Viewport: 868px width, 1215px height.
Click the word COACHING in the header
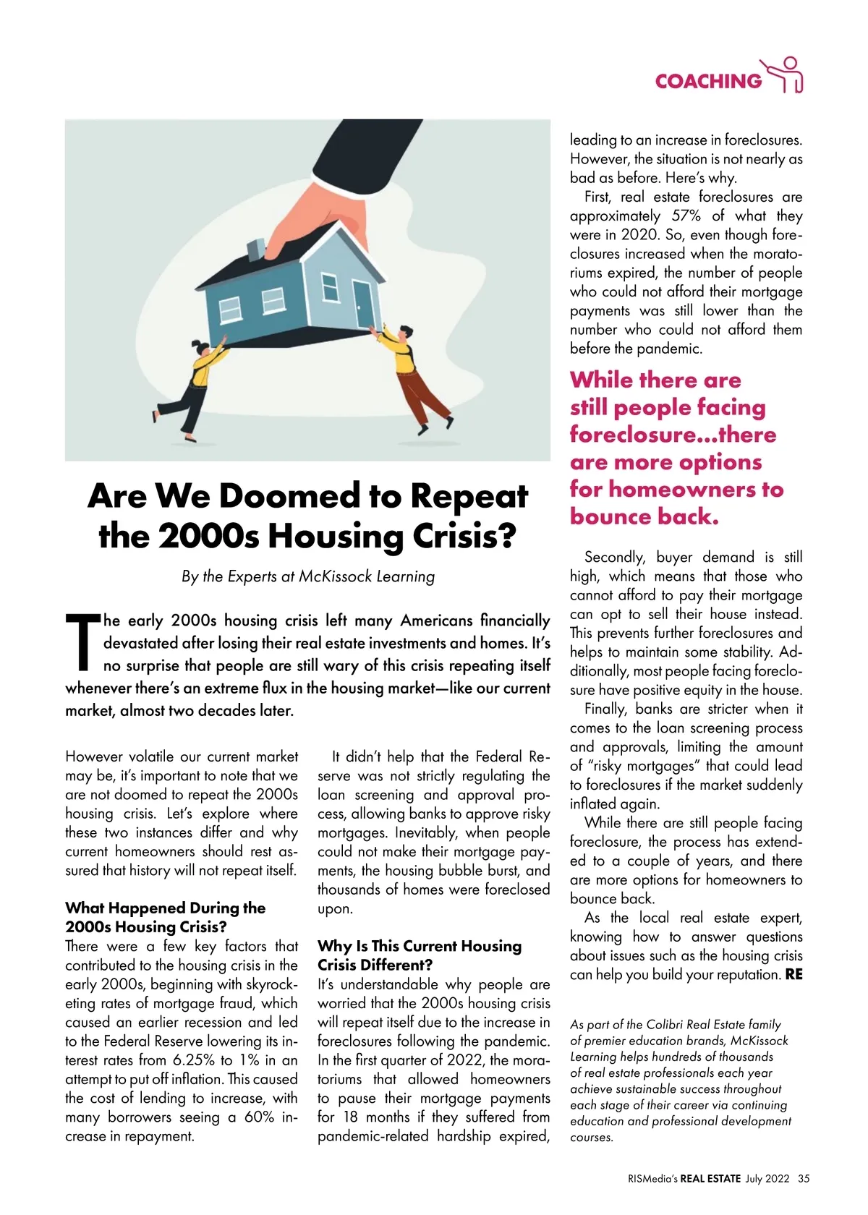[707, 81]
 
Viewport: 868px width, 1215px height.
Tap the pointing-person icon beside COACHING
[786, 75]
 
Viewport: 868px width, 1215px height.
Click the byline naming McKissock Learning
[308, 576]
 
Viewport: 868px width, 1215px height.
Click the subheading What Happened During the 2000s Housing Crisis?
[165, 917]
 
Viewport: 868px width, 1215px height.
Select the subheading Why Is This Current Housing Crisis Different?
[419, 955]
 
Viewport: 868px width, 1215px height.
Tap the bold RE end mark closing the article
[793, 974]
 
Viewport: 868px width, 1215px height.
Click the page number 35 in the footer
[804, 1178]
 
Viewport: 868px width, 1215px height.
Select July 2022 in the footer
[767, 1178]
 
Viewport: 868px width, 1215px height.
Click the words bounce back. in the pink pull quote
[644, 517]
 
